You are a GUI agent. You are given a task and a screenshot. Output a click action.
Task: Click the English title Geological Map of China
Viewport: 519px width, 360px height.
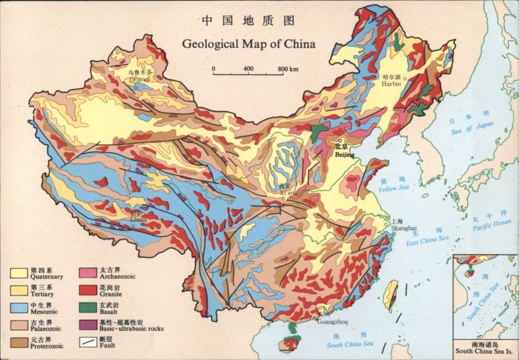click(x=248, y=45)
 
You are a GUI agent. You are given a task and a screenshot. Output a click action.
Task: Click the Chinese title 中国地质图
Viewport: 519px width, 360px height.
click(x=248, y=21)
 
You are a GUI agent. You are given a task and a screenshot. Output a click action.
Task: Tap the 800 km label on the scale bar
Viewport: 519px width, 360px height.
click(x=288, y=69)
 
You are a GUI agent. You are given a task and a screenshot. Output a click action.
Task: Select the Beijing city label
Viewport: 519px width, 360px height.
click(x=344, y=155)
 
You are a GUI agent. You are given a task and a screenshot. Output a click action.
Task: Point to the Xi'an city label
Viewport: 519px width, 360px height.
click(x=288, y=193)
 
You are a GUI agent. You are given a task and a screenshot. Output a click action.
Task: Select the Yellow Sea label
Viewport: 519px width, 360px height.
click(x=394, y=189)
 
